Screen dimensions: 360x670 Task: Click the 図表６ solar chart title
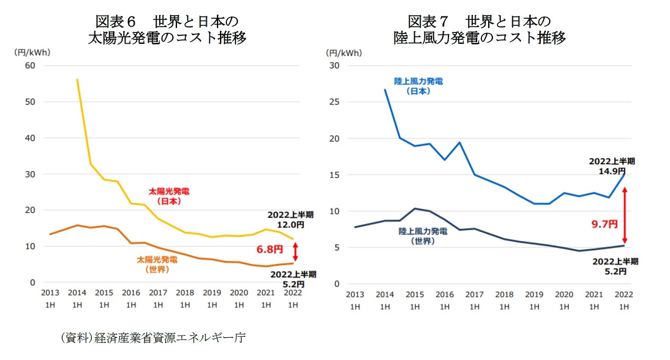(x=167, y=29)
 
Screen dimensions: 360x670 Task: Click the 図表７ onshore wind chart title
(x=479, y=29)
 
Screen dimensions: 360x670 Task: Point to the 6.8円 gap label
(x=269, y=250)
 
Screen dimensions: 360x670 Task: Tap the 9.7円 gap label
(x=604, y=225)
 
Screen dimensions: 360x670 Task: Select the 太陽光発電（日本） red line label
(x=169, y=196)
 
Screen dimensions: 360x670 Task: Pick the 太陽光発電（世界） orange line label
(x=157, y=264)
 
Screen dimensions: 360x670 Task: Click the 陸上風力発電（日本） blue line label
(x=418, y=86)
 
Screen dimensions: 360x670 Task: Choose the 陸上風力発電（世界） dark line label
(x=422, y=236)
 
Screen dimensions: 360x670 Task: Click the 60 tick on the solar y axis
(x=30, y=66)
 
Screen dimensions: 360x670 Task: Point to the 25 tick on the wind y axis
(x=334, y=102)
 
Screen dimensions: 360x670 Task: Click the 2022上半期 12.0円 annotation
(x=291, y=220)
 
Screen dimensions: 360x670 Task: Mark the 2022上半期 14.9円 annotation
(x=612, y=166)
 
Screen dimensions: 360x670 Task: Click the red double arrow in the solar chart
(x=295, y=252)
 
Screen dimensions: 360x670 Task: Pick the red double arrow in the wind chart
(x=625, y=215)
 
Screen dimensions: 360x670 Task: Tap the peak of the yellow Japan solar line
(x=77, y=80)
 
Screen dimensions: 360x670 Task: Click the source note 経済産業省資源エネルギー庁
(x=153, y=338)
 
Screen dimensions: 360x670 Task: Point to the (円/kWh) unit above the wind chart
(x=344, y=53)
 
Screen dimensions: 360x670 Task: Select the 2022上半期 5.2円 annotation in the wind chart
(x=615, y=267)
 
